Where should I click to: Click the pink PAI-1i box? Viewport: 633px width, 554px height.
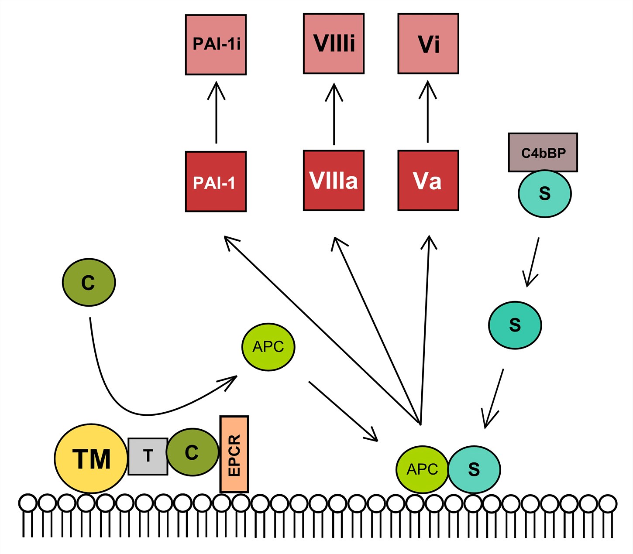pos(216,44)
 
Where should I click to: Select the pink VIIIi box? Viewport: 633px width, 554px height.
pos(334,44)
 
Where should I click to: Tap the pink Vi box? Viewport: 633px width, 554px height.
pos(428,44)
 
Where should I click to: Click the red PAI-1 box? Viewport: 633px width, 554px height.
pos(216,181)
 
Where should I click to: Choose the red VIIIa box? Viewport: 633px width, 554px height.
pos(334,181)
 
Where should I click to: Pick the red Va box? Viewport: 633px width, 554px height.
pos(428,181)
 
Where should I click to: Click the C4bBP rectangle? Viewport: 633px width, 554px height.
pos(543,153)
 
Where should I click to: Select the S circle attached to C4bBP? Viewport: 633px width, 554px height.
pos(544,194)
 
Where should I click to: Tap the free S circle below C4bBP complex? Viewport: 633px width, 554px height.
pos(515,325)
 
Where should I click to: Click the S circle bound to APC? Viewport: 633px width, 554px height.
pos(474,469)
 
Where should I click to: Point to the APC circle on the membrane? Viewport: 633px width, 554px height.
pos(422,469)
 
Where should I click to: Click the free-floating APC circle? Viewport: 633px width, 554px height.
pos(268,347)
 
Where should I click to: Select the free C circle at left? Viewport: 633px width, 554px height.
pos(89,282)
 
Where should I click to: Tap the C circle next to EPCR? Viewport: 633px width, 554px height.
pos(192,452)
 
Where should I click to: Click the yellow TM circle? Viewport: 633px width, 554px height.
pos(91,458)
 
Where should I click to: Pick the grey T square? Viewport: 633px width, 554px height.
pos(148,456)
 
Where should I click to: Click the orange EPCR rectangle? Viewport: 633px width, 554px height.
pos(234,454)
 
